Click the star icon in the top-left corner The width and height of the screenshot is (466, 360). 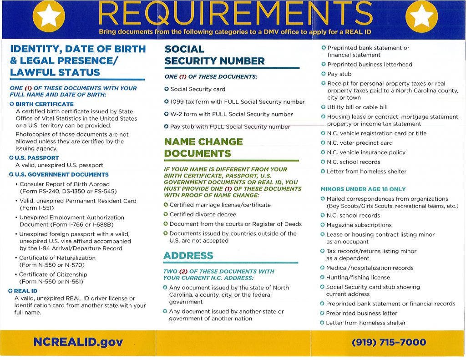tap(49, 17)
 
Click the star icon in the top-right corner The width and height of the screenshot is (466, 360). tap(421, 17)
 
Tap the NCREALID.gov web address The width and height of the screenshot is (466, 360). tap(78, 342)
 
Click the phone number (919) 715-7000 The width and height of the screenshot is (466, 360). tap(389, 342)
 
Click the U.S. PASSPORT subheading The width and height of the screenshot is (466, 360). tap(37, 158)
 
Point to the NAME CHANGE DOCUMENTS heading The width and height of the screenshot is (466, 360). tap(203, 147)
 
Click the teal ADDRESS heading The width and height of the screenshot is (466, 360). tap(188, 255)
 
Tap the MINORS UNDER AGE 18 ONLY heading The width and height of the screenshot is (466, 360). tap(363, 189)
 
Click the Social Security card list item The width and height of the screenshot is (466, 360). tap(198, 89)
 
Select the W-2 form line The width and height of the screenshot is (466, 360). tap(231, 114)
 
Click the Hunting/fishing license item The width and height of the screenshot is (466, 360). tap(358, 277)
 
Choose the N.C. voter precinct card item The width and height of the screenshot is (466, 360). tap(360, 143)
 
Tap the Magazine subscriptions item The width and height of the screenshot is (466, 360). tap(359, 225)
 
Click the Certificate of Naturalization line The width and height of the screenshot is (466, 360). tap(57, 258)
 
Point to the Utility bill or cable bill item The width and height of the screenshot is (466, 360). tap(357, 107)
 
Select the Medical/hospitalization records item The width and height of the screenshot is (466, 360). tap(370, 268)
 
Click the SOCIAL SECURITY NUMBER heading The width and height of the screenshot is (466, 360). tap(214, 55)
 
